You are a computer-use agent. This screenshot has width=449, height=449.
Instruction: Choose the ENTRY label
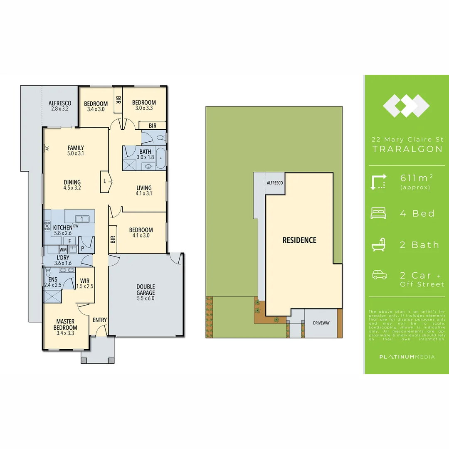100,320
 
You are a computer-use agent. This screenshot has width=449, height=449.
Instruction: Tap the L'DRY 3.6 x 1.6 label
63,260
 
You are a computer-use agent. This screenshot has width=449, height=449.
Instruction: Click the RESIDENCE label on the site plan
299,240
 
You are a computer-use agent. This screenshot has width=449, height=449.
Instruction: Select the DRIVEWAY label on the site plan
321,323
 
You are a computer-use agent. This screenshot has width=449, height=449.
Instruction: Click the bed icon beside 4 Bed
378,214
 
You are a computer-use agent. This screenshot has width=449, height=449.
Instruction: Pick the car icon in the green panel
379,275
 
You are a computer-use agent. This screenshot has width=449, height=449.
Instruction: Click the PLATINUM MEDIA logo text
407,357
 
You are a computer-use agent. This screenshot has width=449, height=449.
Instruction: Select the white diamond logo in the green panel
406,106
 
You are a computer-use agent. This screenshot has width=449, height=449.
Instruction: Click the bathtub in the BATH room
161,158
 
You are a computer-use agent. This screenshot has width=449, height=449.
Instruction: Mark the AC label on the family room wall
47,148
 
